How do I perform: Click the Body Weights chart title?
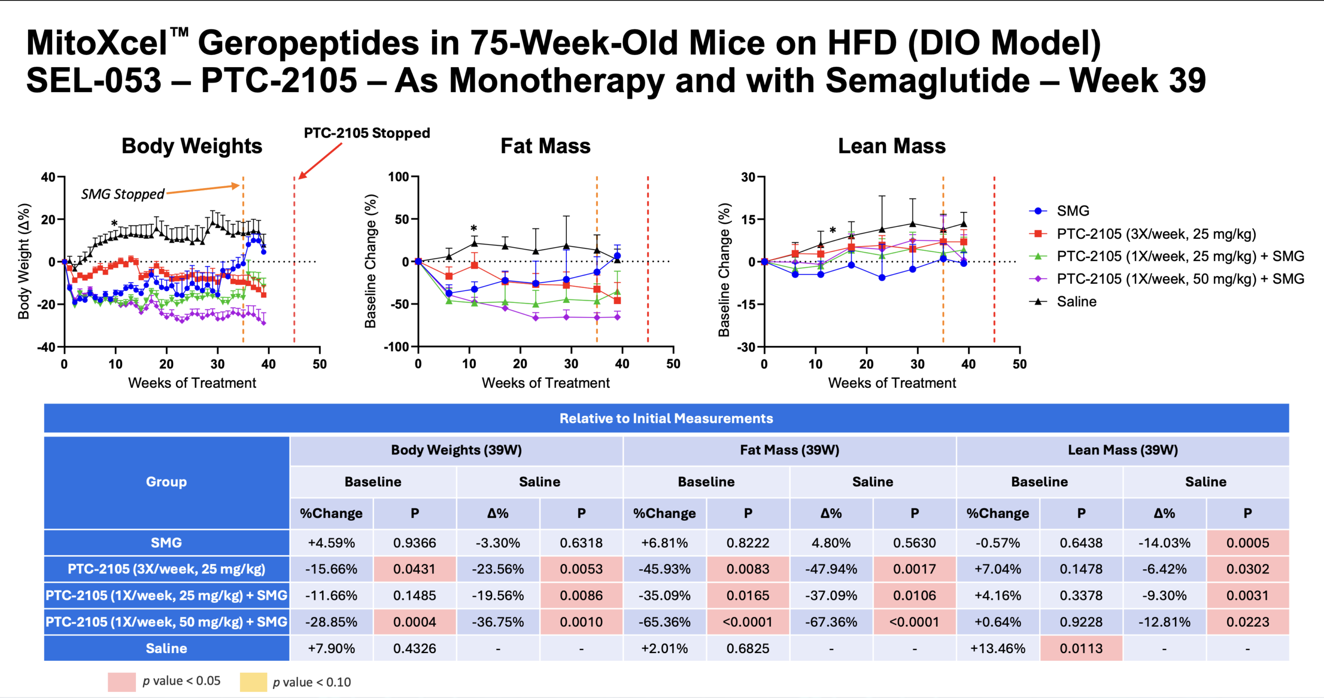(x=192, y=146)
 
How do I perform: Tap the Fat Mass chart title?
(x=545, y=146)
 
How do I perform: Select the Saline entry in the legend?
(x=1076, y=301)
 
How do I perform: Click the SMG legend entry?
(x=1073, y=211)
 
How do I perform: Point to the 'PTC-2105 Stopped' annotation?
(x=367, y=133)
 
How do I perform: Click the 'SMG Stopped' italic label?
(x=123, y=194)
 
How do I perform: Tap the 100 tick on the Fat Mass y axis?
(x=398, y=177)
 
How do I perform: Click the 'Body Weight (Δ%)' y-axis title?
(x=24, y=261)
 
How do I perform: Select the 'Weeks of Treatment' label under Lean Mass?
(x=892, y=383)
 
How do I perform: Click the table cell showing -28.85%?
(x=331, y=622)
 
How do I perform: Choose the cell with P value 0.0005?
(x=1247, y=543)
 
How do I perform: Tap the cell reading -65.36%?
(x=665, y=622)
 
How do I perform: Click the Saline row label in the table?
(x=166, y=648)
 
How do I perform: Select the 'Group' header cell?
(x=166, y=482)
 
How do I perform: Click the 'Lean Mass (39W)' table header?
(x=1122, y=450)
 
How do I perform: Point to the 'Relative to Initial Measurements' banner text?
(x=666, y=418)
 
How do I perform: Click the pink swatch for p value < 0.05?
(x=122, y=682)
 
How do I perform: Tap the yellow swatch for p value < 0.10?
(x=253, y=682)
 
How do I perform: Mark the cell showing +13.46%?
(x=998, y=648)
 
